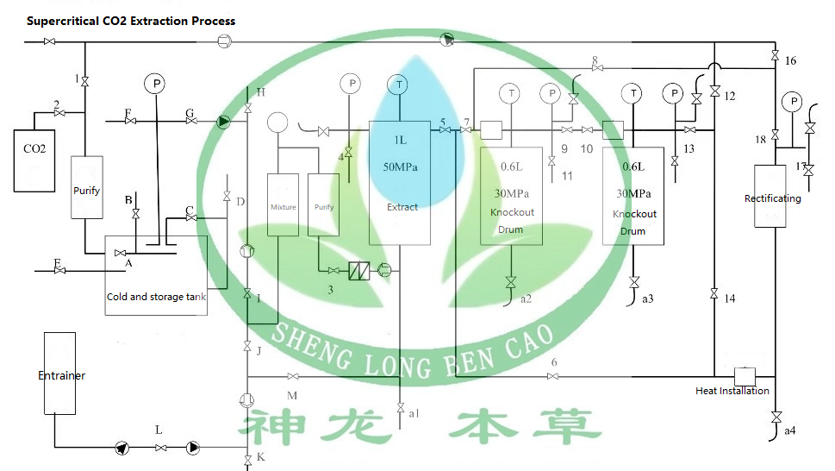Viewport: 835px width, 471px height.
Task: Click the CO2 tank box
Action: coord(34,160)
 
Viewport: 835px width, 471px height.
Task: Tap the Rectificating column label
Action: coord(772,198)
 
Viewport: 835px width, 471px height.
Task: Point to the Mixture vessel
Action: coord(283,208)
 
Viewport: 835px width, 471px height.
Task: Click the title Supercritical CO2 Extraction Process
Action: coord(131,21)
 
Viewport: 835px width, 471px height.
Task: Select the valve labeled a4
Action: coord(776,418)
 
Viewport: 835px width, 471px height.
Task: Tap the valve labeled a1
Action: coord(401,406)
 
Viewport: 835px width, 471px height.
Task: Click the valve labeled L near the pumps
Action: coord(159,448)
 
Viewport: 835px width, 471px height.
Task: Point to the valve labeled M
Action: coord(293,377)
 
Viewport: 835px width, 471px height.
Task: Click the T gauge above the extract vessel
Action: coord(399,85)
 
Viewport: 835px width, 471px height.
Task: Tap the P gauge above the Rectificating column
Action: coord(791,103)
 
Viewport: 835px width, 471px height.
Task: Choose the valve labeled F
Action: coord(131,121)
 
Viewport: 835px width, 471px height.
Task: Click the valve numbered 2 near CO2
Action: coord(58,112)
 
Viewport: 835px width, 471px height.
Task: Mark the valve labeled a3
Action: coord(634,283)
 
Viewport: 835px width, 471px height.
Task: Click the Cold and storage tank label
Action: coord(156,297)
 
